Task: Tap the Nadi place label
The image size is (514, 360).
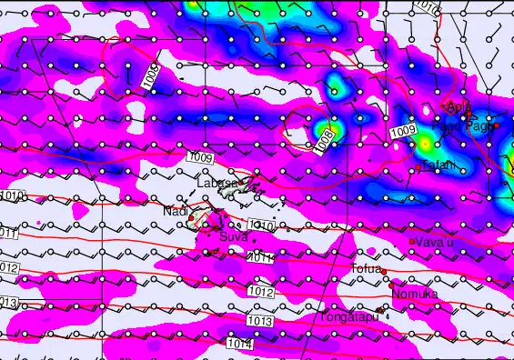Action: tap(174, 212)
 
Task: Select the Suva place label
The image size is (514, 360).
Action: tap(234, 236)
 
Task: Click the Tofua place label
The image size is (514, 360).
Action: tap(366, 268)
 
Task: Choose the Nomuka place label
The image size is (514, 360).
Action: tap(415, 295)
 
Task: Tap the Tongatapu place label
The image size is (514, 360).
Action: tap(347, 317)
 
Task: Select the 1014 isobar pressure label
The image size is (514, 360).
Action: tap(240, 345)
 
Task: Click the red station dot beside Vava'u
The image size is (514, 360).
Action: tap(412, 241)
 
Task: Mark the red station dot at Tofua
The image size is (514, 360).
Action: tap(384, 271)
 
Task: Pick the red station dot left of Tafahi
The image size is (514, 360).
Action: tap(418, 167)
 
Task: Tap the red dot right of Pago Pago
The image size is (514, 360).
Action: tap(496, 125)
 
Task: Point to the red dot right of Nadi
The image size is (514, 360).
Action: tap(193, 213)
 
